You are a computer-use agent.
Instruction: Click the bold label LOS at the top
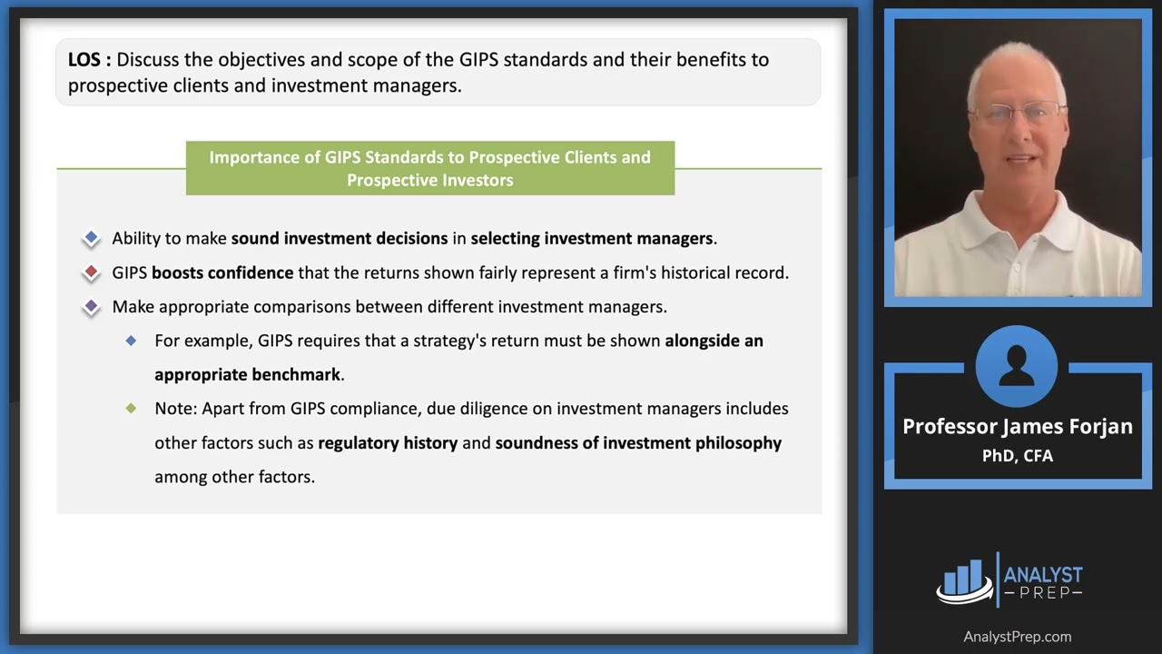click(89, 60)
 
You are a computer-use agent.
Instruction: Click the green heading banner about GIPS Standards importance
click(429, 168)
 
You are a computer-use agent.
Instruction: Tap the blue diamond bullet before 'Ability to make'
click(91, 238)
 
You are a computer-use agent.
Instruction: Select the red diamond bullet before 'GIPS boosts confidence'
click(91, 272)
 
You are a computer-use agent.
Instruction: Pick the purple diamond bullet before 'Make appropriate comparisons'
click(91, 307)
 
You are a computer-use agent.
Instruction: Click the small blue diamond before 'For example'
click(132, 341)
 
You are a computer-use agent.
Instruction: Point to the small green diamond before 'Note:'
click(132, 409)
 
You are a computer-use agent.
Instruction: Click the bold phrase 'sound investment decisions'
click(339, 238)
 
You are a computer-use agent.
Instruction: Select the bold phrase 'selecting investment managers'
click(591, 238)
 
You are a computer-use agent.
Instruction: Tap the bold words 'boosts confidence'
click(222, 272)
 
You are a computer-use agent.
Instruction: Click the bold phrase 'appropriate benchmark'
click(247, 374)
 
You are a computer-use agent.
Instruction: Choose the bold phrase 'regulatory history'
click(388, 443)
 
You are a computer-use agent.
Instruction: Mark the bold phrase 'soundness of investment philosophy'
click(638, 443)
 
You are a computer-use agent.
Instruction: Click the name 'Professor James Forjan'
click(1017, 426)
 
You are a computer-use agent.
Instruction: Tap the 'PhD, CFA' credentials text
click(1017, 455)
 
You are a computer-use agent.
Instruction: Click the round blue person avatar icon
click(1017, 367)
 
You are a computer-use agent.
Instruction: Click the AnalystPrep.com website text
click(1017, 637)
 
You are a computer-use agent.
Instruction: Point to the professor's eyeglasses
click(1018, 114)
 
